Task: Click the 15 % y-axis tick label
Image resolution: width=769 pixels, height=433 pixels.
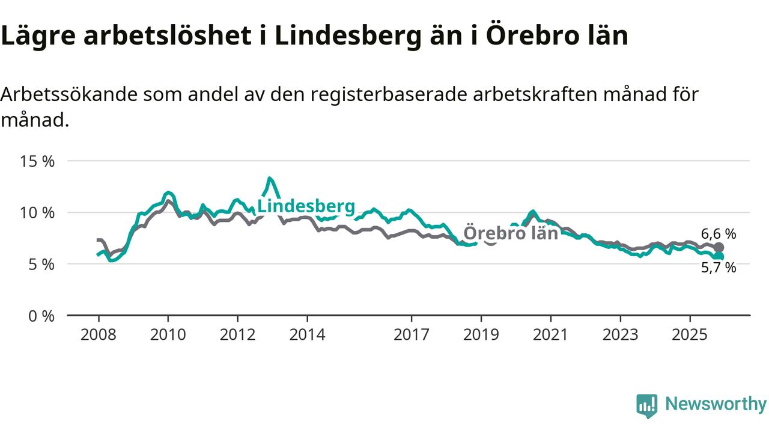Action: coord(37,161)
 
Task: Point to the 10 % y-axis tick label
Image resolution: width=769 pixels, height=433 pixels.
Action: coord(37,213)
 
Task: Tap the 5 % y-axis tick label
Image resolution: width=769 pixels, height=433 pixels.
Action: coord(40,264)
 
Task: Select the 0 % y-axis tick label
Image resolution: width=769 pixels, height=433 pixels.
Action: coord(40,315)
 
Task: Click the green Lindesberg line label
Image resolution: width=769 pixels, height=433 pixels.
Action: coord(306,206)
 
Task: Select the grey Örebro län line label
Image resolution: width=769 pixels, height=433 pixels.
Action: coord(511,233)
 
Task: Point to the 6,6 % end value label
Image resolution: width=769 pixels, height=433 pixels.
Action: coord(718,234)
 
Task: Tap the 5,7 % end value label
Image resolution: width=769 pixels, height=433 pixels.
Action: coord(718,268)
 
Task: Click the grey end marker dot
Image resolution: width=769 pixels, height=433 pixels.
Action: coord(719,247)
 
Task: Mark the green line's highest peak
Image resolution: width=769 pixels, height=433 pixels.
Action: coord(270,178)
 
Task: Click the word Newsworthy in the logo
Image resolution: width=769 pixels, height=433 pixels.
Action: coord(716,404)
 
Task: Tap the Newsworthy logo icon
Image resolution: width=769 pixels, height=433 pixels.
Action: coord(647,405)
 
